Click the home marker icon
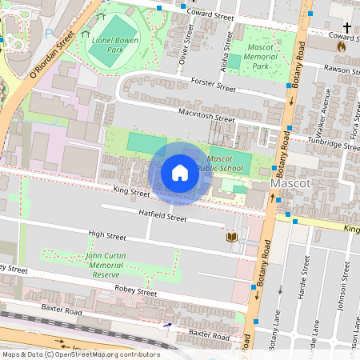pos(179,173)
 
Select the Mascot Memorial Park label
pos(262,57)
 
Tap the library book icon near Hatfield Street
pos(232,238)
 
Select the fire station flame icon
pos(342,46)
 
